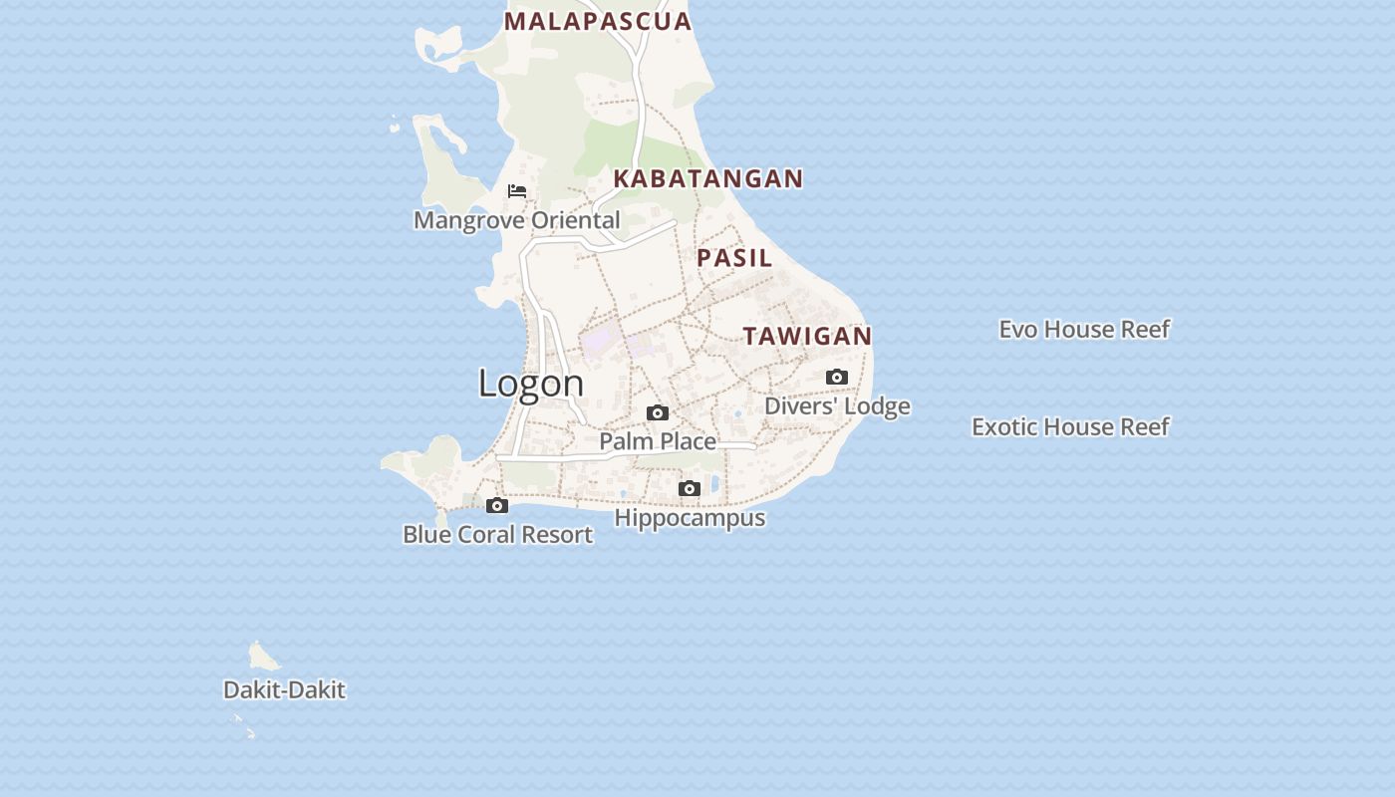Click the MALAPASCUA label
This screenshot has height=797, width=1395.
pyautogui.click(x=598, y=21)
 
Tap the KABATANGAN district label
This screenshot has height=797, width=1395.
pyautogui.click(x=707, y=178)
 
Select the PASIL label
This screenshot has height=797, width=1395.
pyautogui.click(x=734, y=257)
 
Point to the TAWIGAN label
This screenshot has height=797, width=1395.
pyautogui.click(x=807, y=336)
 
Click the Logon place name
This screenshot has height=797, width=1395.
pyautogui.click(x=531, y=383)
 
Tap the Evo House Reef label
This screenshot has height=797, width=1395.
pyautogui.click(x=1084, y=329)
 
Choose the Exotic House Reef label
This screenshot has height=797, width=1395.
pyautogui.click(x=1070, y=426)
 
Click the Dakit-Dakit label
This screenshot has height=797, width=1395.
pyautogui.click(x=284, y=689)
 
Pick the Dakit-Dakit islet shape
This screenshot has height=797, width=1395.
pyautogui.click(x=262, y=656)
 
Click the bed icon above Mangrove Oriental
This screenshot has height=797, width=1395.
pyautogui.click(x=517, y=190)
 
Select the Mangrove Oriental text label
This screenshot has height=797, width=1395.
pyautogui.click(x=516, y=220)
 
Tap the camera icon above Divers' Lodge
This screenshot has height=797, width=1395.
pyautogui.click(x=837, y=377)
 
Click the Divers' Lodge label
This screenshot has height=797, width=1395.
pyautogui.click(x=837, y=406)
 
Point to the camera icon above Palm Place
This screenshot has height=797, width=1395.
pyautogui.click(x=658, y=412)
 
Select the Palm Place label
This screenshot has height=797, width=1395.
pyautogui.click(x=658, y=441)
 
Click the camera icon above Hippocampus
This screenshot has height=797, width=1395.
pyautogui.click(x=690, y=488)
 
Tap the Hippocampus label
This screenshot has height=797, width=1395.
pyautogui.click(x=690, y=518)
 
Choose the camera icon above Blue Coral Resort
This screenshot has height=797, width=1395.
pyautogui.click(x=497, y=505)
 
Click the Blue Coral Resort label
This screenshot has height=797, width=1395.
pyautogui.click(x=497, y=535)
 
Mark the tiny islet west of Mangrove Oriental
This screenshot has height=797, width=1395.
pyautogui.click(x=395, y=127)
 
